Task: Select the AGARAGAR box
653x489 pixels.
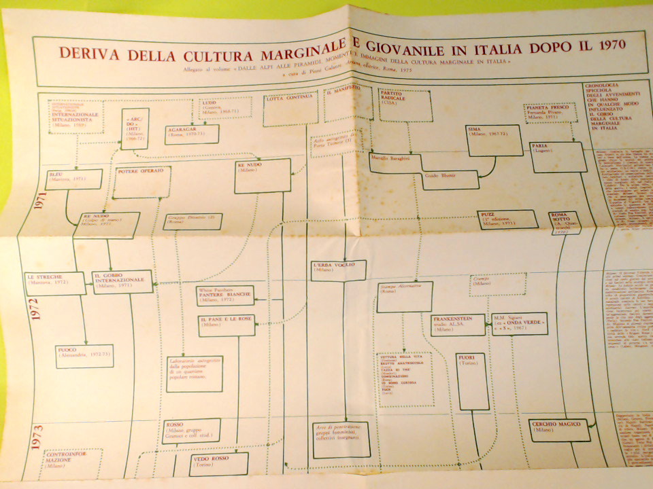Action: tap(191, 134)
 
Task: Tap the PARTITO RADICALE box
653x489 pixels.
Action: tap(405, 105)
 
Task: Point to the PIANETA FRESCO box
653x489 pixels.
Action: tap(550, 112)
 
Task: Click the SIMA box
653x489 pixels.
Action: tap(494, 140)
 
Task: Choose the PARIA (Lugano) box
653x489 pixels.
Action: tap(559, 156)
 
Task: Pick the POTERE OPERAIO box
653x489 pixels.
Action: tap(141, 182)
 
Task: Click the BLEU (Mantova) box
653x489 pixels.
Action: tap(73, 179)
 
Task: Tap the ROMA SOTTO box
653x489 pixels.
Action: tap(564, 223)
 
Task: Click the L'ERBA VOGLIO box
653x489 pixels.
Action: tap(338, 270)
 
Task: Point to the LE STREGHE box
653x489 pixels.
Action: tap(55, 283)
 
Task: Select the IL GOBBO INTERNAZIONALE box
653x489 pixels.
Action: tap(122, 281)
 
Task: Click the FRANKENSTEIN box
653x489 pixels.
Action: tap(457, 325)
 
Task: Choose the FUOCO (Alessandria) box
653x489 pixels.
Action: tap(84, 356)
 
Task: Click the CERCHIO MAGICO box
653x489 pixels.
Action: tap(559, 430)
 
